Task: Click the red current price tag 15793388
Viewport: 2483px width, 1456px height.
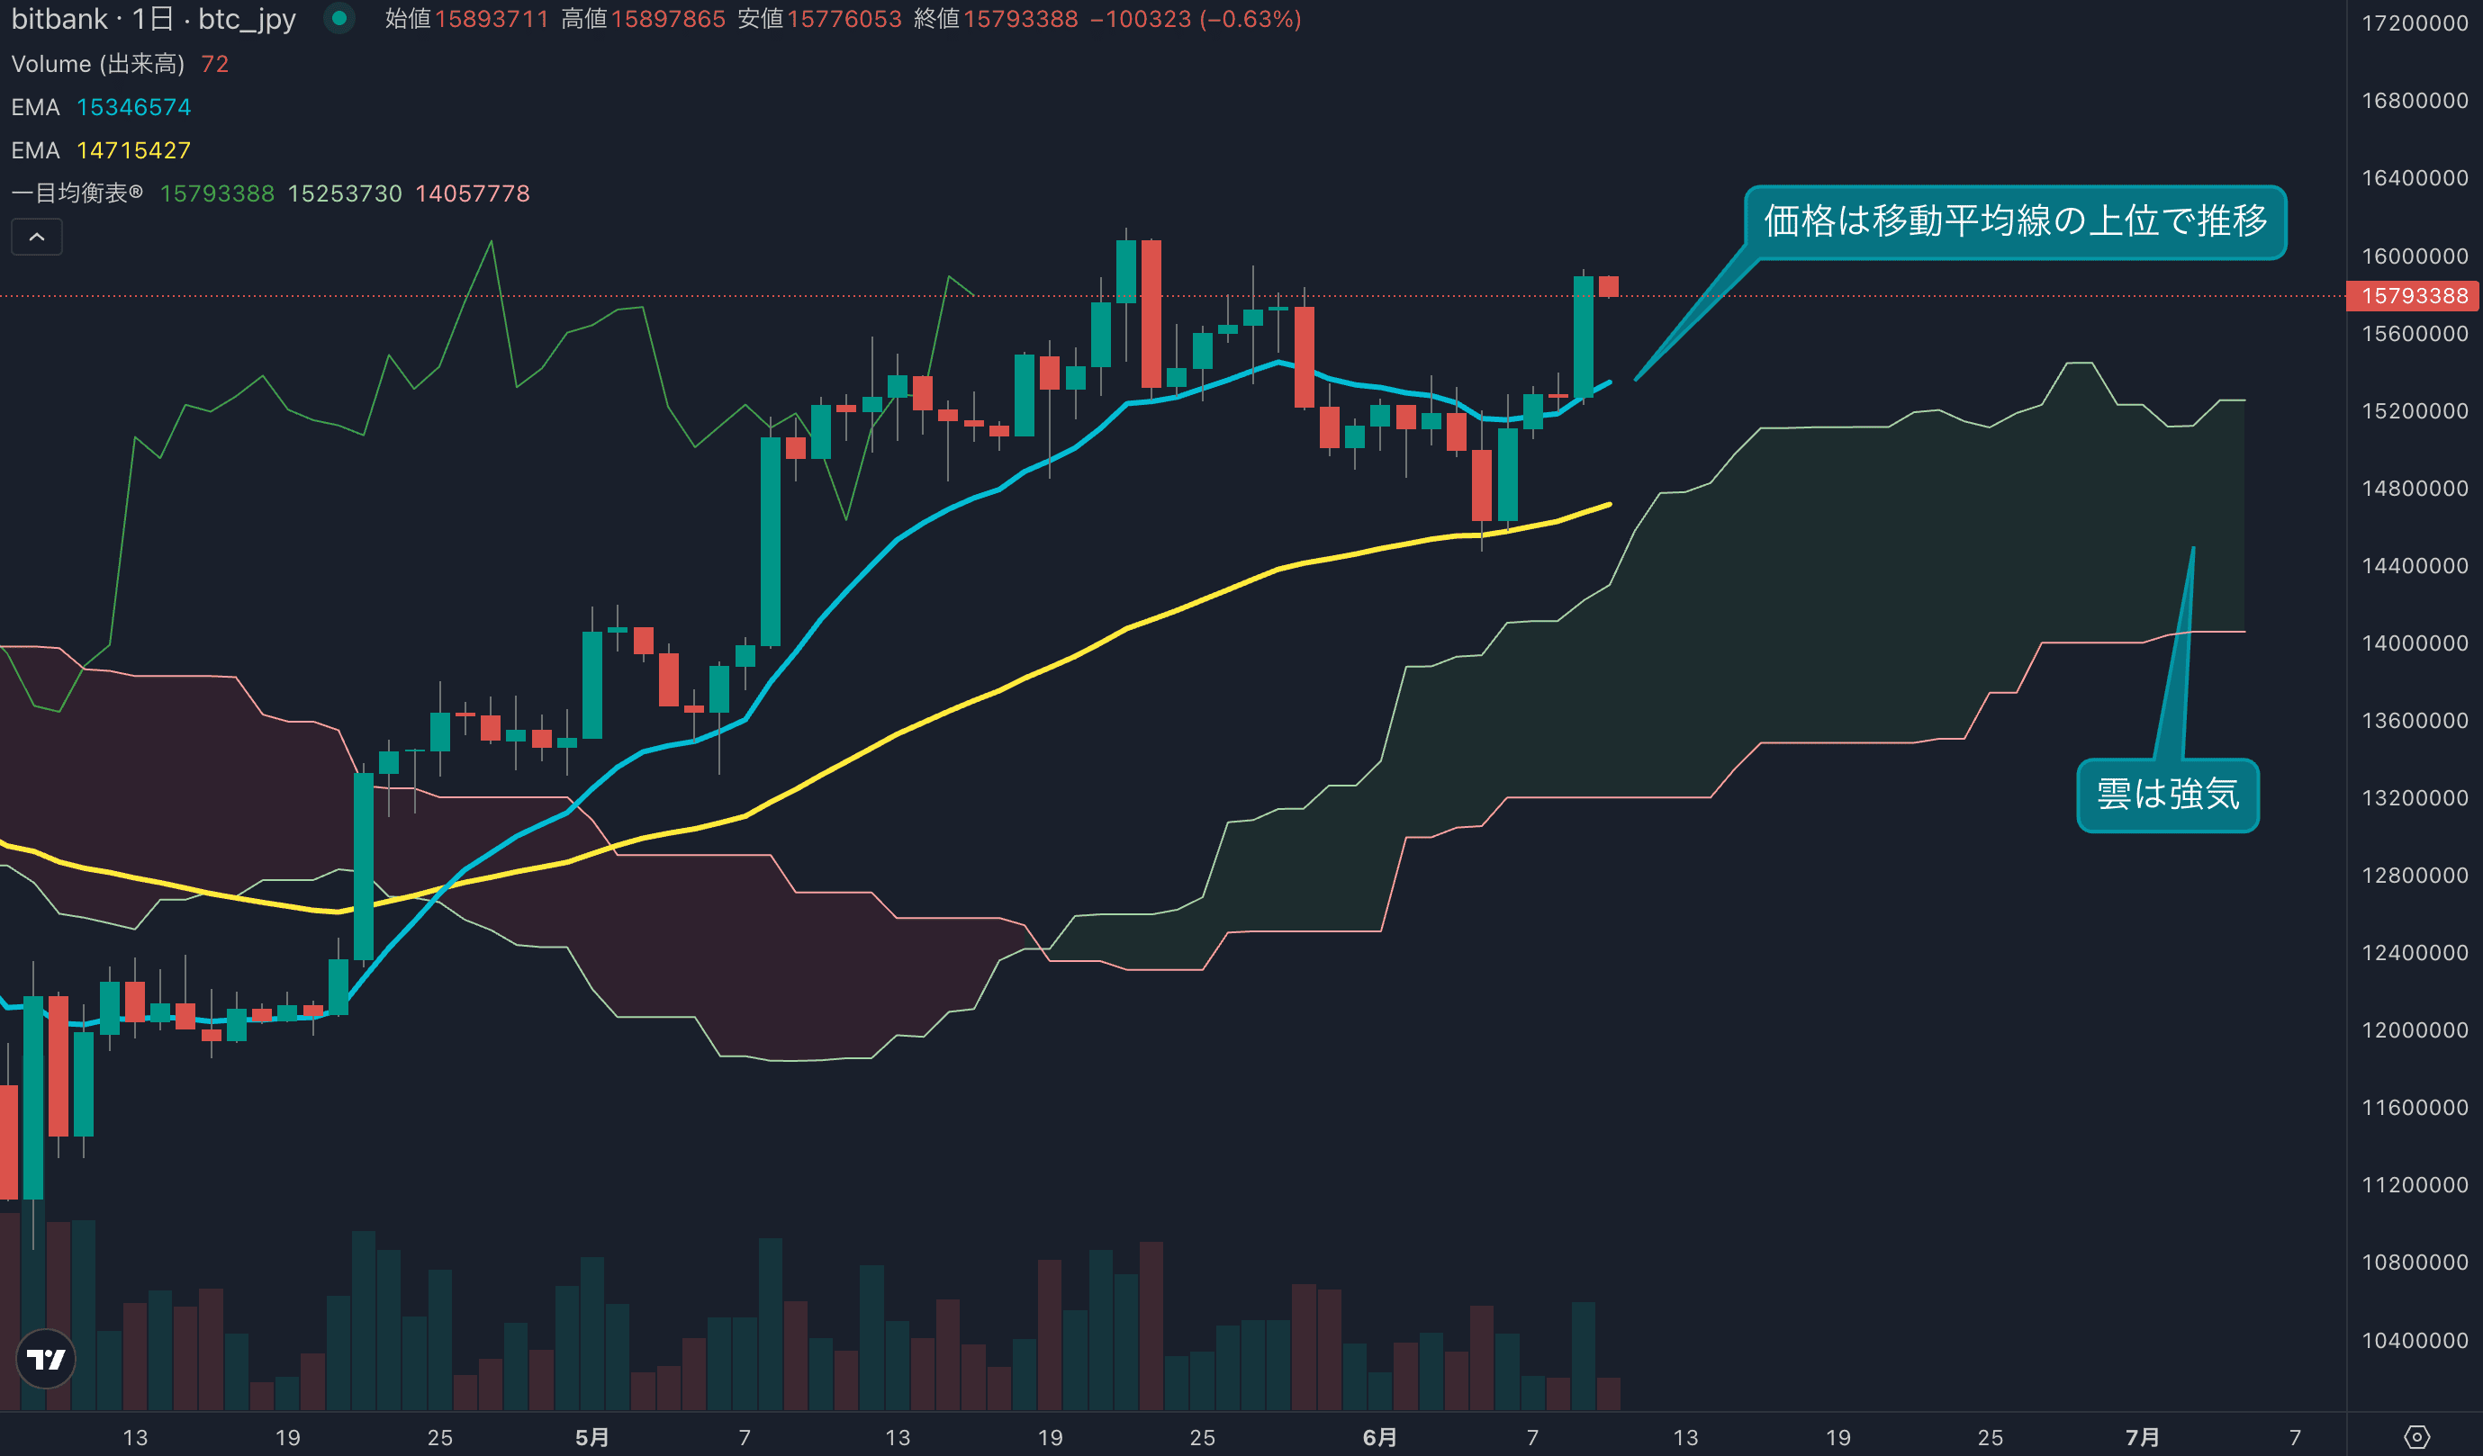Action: coord(2413,295)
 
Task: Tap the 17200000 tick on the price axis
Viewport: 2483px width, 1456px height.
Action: coord(2414,22)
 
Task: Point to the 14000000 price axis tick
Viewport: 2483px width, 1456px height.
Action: coord(2414,643)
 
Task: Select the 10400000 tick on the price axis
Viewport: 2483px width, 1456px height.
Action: coord(2414,1341)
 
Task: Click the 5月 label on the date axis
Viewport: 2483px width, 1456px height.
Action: coord(591,1437)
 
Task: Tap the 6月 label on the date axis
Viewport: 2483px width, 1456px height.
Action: coord(1379,1437)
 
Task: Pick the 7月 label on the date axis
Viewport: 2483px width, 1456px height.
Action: coord(2142,1437)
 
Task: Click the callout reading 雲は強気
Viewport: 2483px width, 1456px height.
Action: coord(2167,795)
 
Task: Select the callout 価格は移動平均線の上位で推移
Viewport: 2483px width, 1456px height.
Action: coord(2014,221)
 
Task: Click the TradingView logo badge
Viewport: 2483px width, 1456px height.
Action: coord(45,1360)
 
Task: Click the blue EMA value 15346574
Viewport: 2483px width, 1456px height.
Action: coord(133,107)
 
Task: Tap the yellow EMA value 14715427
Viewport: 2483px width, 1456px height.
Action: coord(133,150)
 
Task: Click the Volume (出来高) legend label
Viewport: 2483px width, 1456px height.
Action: coord(97,64)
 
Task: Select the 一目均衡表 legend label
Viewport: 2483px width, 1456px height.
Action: coord(77,194)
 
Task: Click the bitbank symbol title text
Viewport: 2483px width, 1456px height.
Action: coord(153,19)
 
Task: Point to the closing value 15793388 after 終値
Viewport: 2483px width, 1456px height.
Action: coord(1021,19)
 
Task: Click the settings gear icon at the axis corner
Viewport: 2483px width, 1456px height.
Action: coord(2417,1437)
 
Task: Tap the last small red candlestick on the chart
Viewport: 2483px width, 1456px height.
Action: coord(1609,287)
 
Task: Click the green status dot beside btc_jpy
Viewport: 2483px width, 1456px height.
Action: coord(339,18)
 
